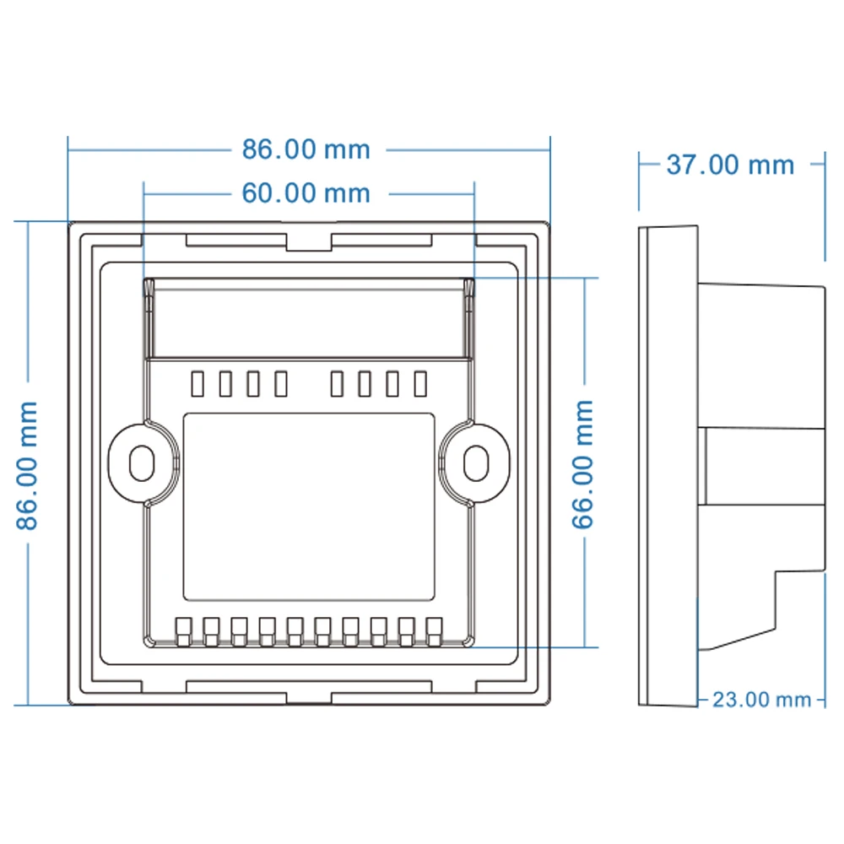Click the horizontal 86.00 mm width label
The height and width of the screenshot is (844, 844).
[x=306, y=149]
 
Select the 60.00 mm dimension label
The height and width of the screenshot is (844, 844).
[x=306, y=193]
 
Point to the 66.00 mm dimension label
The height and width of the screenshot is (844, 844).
[x=583, y=465]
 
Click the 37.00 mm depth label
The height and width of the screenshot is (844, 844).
[x=730, y=165]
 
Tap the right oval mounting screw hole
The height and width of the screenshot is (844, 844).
[x=477, y=462]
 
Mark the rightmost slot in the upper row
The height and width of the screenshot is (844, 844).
[x=420, y=384]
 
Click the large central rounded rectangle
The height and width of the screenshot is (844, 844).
[x=309, y=506]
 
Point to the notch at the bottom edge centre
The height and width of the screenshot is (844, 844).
[x=308, y=695]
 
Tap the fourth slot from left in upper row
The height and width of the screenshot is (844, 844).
[x=281, y=384]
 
